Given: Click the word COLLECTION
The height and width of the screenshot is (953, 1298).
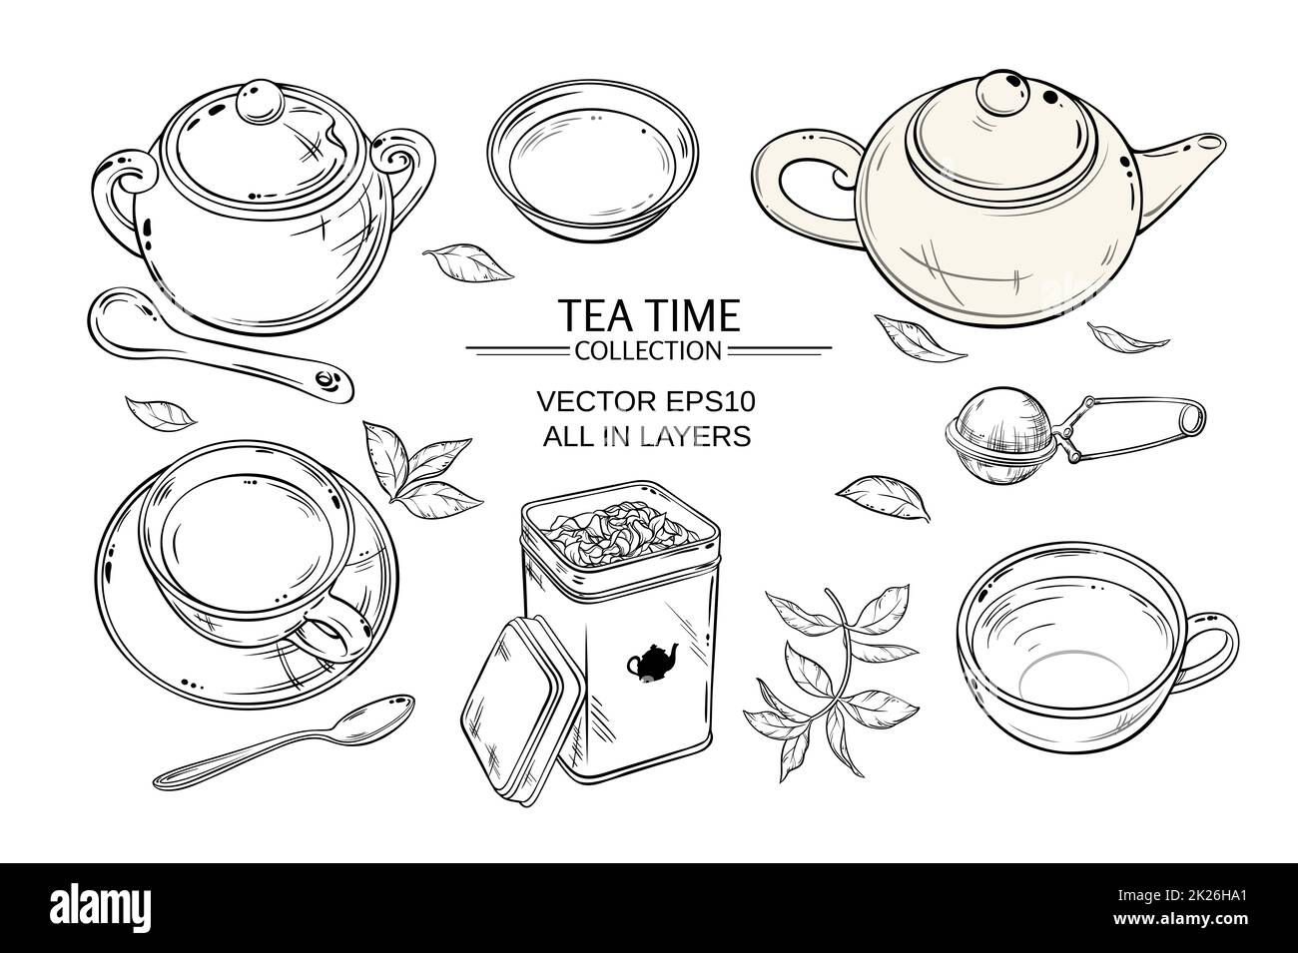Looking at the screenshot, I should [x=647, y=349].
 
